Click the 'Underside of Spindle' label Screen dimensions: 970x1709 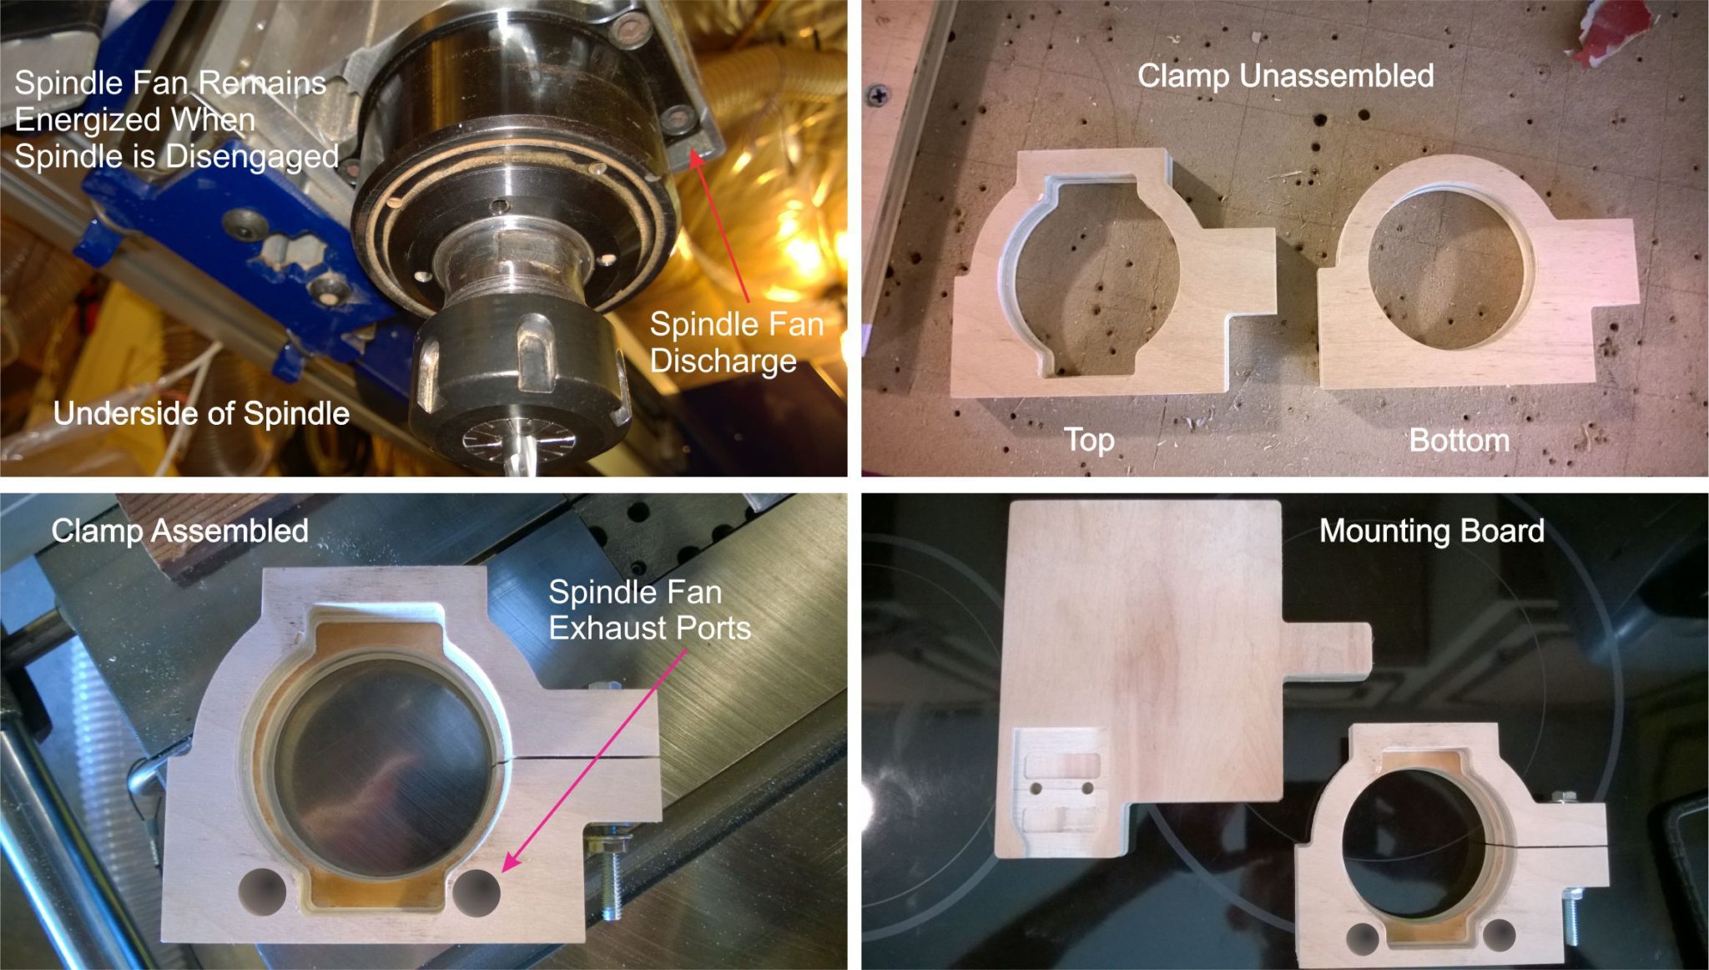click(201, 414)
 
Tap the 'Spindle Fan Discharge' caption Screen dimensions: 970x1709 click(736, 342)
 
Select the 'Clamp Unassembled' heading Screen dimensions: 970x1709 click(1285, 76)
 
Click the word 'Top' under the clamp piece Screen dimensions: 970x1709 click(1089, 440)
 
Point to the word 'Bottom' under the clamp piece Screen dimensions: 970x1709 click(1459, 441)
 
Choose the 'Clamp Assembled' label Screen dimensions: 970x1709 click(179, 531)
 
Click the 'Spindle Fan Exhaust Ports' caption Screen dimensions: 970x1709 click(649, 610)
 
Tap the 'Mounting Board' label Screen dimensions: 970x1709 click(1431, 531)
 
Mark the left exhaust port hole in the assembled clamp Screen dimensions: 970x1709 click(262, 892)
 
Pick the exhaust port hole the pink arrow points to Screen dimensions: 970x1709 click(476, 892)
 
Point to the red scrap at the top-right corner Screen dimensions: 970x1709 click(1611, 29)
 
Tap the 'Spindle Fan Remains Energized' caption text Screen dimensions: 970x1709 click(175, 119)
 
